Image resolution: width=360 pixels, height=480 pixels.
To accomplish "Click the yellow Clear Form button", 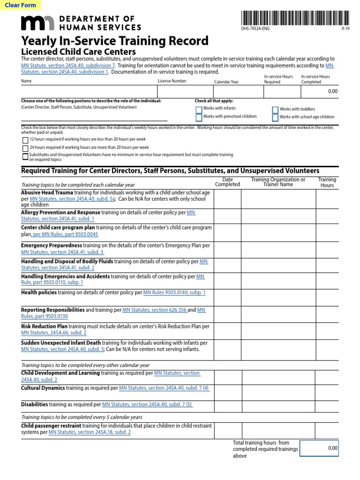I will coord(21,6).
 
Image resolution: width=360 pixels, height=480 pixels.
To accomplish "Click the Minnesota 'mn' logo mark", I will coord(37,23).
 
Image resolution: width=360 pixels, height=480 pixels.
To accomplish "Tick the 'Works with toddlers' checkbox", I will coord(275,109).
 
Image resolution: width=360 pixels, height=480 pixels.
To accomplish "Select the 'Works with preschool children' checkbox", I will coord(199,117).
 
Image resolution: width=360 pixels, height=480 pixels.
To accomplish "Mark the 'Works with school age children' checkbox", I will coord(275,117).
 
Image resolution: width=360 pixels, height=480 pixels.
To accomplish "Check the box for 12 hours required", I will coord(25,140).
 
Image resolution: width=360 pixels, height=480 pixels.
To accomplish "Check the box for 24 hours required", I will coord(25,148).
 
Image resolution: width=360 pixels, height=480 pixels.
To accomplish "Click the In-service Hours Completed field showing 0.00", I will coord(320,91).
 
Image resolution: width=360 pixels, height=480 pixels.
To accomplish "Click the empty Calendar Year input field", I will coord(236,91).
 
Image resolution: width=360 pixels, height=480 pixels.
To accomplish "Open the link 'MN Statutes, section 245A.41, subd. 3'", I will coord(62,252).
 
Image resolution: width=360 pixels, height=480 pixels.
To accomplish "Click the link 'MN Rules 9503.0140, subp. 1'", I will coord(174,292).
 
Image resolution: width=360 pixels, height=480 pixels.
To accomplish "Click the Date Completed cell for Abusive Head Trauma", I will coord(227,199).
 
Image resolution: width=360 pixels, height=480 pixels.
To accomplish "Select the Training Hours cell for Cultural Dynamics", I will coord(327,392).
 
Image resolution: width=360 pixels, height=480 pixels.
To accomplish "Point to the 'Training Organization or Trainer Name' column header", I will coord(278,182).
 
